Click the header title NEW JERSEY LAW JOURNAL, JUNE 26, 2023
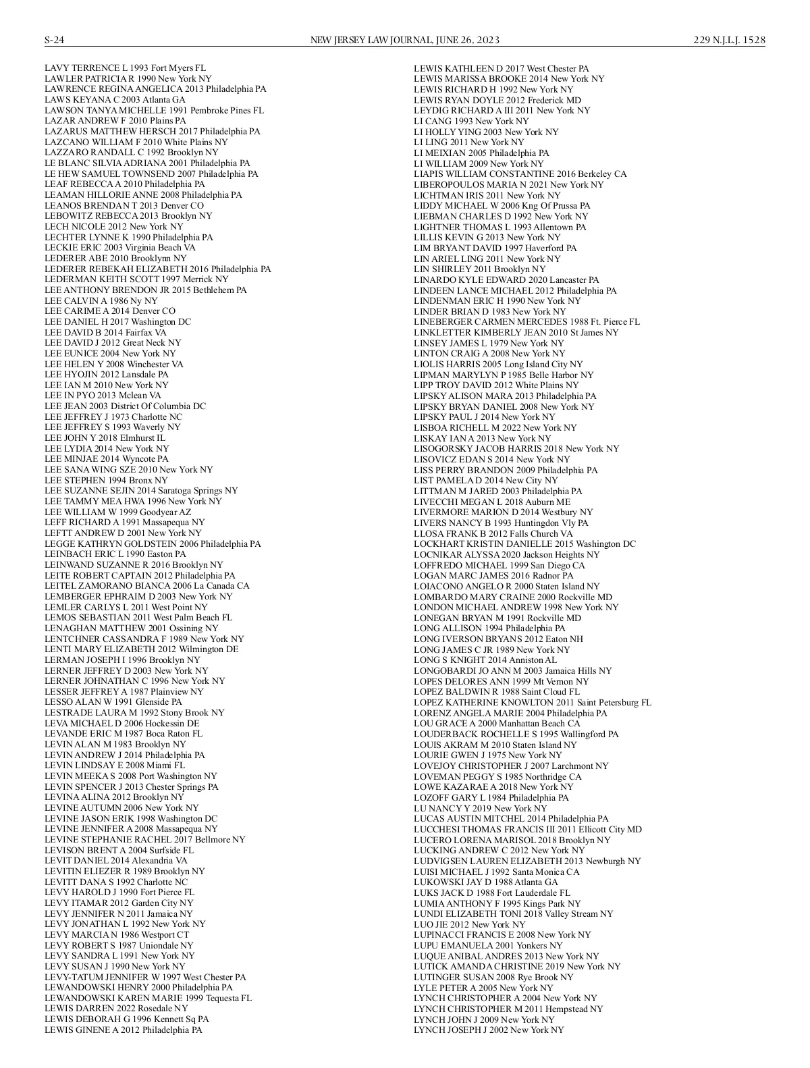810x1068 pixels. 404,40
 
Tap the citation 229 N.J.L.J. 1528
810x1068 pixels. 729,40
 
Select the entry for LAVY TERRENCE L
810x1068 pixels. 125,68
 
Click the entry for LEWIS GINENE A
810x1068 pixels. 123,1030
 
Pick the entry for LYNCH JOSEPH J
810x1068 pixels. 488,1030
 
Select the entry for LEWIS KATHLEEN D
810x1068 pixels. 501,68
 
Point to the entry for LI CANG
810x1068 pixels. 471,121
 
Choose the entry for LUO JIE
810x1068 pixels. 469,924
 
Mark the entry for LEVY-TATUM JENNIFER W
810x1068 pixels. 145,977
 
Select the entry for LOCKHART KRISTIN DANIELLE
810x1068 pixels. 524,544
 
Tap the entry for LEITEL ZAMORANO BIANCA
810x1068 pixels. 146,586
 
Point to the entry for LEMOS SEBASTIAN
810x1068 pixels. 138,618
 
